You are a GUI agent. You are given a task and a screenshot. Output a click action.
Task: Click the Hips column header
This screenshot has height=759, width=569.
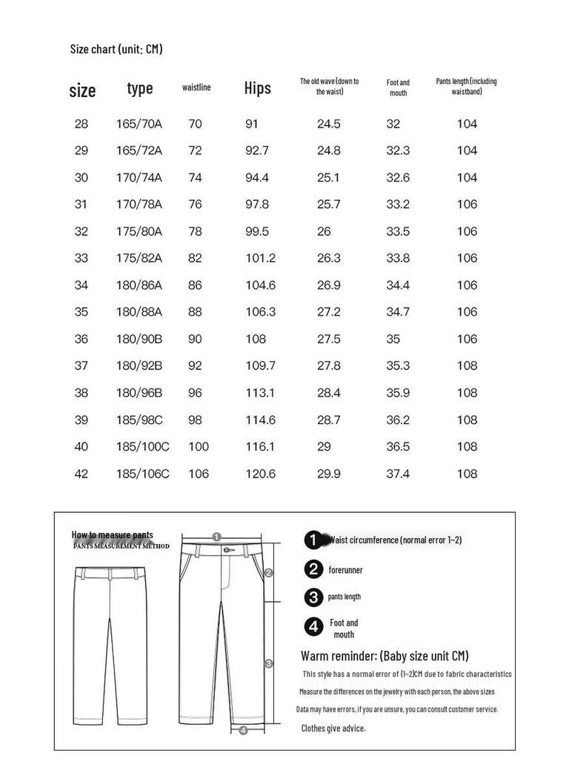pos(258,88)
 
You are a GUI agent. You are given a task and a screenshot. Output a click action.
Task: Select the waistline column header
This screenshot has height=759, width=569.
pos(196,87)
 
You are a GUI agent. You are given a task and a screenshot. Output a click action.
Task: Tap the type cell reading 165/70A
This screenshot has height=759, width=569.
pos(139,124)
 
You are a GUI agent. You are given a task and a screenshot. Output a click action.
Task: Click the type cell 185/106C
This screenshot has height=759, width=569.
pos(142,474)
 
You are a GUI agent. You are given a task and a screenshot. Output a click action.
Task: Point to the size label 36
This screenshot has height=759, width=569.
pos(81,339)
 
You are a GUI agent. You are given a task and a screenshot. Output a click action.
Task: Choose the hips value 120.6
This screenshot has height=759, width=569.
pos(261,474)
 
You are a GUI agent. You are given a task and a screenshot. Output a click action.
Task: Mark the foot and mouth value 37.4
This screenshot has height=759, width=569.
pos(398,474)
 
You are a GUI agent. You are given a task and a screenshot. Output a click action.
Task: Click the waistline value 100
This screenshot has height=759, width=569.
pos(199,447)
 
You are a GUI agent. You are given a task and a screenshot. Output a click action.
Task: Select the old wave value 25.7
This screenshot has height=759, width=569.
pos(329,205)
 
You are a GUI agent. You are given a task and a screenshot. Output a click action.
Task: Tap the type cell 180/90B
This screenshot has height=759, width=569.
pos(139,339)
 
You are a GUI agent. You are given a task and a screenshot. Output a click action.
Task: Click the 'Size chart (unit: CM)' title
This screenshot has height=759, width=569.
pos(116,50)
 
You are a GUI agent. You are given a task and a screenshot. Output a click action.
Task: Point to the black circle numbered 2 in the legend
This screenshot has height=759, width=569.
pos(314,569)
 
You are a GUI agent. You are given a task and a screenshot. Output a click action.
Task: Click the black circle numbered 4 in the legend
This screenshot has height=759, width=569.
pos(314,627)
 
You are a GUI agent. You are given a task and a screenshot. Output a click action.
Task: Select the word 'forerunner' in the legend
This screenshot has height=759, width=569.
pos(346,570)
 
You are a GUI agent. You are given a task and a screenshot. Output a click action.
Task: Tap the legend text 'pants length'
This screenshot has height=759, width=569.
pos(345,597)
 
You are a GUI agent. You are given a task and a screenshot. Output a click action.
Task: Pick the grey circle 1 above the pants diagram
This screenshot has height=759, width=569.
pos(216,537)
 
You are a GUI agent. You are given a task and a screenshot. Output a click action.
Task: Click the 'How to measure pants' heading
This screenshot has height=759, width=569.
pos(113,534)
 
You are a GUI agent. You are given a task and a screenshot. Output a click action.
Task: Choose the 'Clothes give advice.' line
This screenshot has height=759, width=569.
pos(333,729)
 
